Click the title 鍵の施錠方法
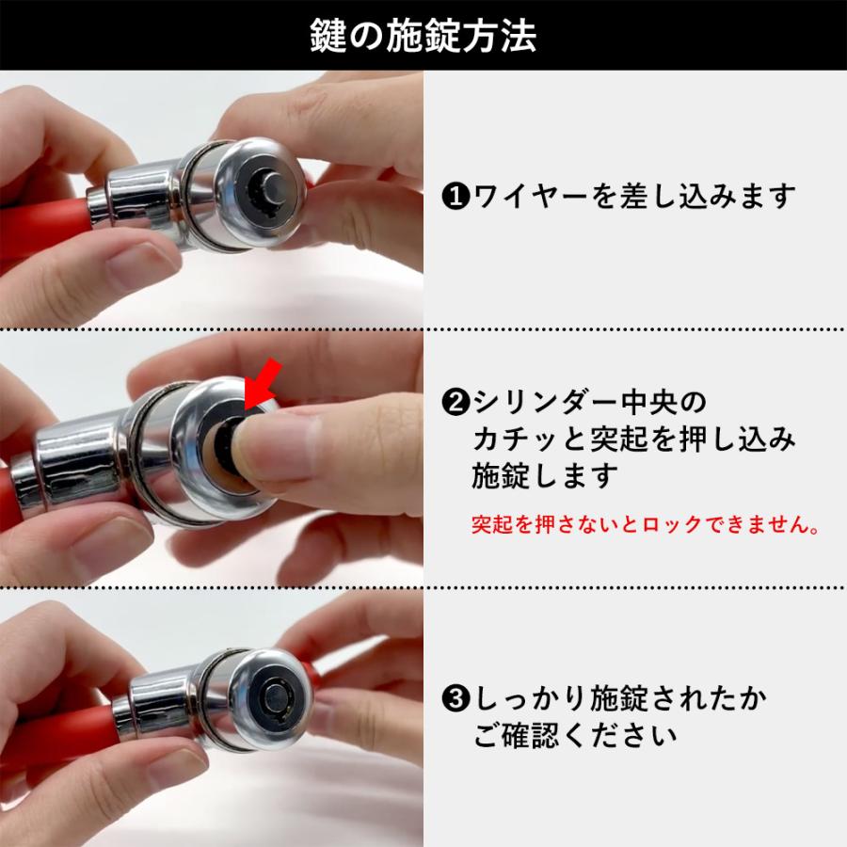(x=423, y=36)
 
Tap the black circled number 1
(x=455, y=198)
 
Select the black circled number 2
(x=455, y=404)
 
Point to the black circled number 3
(x=455, y=700)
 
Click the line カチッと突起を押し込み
(x=632, y=439)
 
